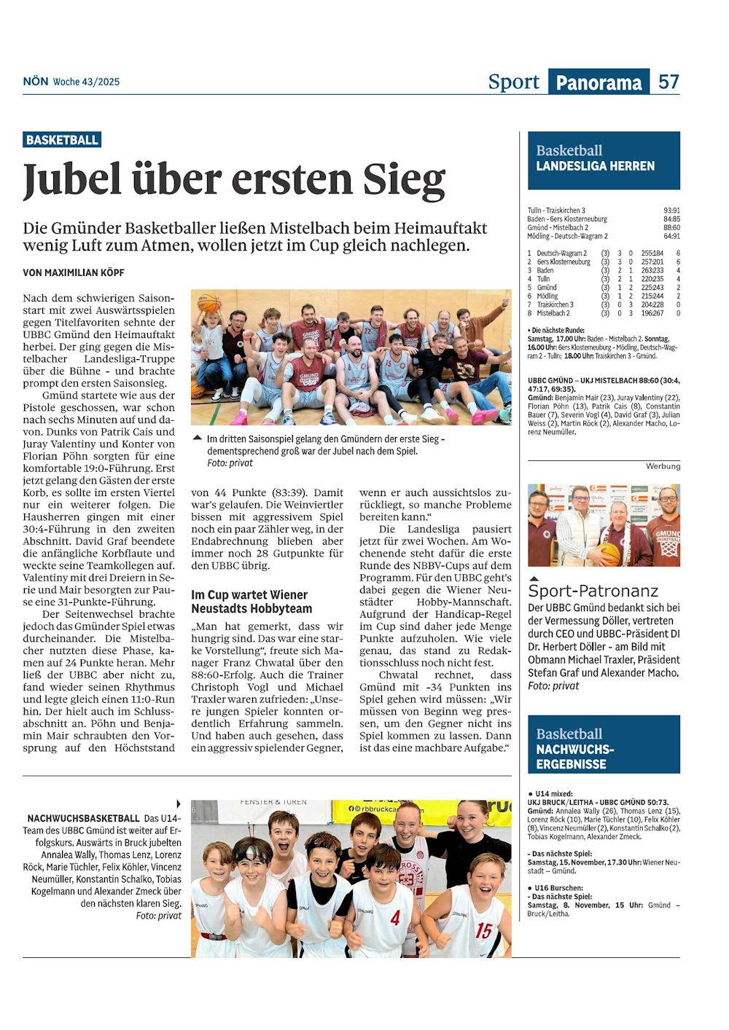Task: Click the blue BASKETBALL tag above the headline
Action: tap(62, 140)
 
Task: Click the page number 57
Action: tap(668, 82)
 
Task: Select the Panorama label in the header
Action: tap(599, 82)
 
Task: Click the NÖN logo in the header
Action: tap(35, 82)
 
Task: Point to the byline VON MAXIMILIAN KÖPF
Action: tap(74, 272)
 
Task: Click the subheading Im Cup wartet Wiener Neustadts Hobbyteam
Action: tap(252, 602)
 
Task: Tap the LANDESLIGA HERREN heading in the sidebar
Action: tap(595, 166)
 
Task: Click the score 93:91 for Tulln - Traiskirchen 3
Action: tap(671, 211)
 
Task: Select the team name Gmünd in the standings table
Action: tap(547, 288)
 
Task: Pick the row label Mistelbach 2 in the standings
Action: tap(553, 313)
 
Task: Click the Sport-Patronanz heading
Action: tap(593, 591)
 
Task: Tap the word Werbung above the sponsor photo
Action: tap(663, 466)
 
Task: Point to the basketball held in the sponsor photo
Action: tap(609, 553)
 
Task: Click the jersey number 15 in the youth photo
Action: tap(483, 930)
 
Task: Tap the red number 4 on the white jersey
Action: tap(394, 918)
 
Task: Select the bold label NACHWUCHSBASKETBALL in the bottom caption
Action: tap(83, 819)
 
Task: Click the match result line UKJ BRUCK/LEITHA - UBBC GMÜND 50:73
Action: tap(598, 802)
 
